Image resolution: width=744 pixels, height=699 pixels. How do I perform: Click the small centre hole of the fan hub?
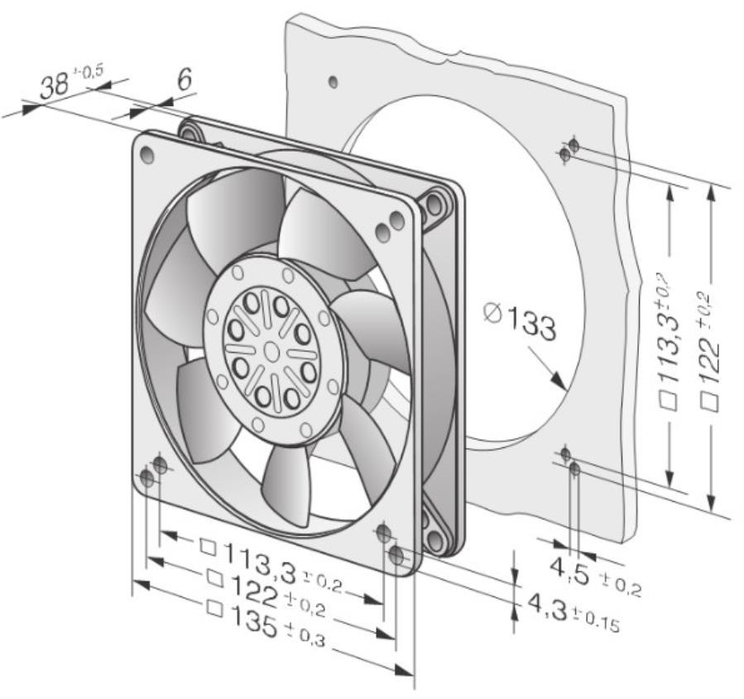pyautogui.click(x=271, y=349)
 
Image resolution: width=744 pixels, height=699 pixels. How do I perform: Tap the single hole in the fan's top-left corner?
pyautogui.click(x=148, y=154)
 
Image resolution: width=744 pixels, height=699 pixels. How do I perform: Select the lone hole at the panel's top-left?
pyautogui.click(x=332, y=81)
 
